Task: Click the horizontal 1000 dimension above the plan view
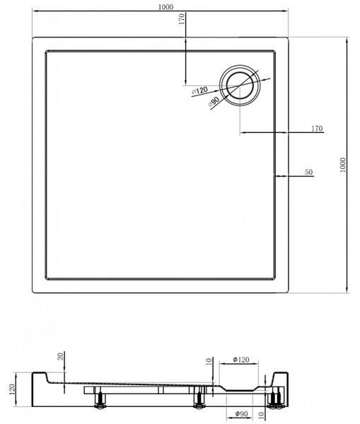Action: coord(166,7)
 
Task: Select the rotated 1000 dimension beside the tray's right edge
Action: coord(343,165)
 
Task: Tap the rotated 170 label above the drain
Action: coord(182,19)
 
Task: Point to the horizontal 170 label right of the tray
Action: coord(317,128)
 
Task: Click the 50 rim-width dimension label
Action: coord(308,172)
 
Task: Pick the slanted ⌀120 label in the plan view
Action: coord(199,90)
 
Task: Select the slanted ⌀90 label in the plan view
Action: coord(214,102)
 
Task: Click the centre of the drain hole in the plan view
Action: coord(240,86)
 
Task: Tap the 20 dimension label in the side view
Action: coord(61,356)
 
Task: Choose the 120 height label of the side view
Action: coord(12,389)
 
